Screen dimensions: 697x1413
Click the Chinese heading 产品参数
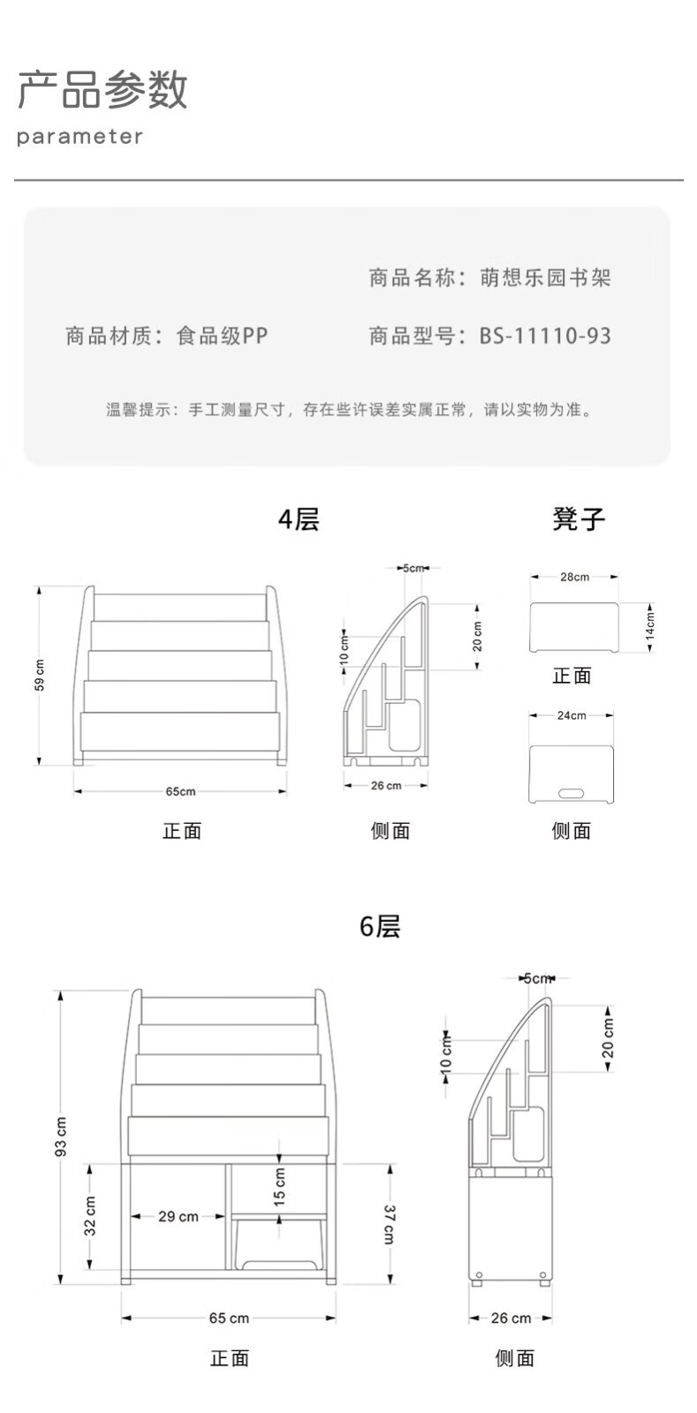click(102, 89)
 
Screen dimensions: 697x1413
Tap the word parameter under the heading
click(80, 136)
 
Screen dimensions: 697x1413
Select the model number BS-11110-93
click(545, 336)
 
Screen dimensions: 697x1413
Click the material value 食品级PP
click(222, 336)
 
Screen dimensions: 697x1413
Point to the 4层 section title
click(299, 519)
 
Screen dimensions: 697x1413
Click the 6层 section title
click(380, 926)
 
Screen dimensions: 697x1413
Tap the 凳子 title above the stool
click(579, 519)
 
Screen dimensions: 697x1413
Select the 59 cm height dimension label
click(39, 676)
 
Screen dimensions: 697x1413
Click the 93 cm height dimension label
click(61, 1136)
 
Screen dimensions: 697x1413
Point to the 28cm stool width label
click(574, 577)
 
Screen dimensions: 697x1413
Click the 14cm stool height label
click(650, 626)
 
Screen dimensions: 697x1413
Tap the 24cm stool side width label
click(572, 715)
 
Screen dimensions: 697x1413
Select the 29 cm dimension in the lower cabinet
click(178, 1216)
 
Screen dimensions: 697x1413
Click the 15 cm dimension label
click(279, 1187)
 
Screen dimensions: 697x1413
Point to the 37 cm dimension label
click(390, 1224)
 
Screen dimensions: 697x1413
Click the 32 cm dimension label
click(90, 1216)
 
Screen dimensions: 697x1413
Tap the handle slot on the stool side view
click(572, 792)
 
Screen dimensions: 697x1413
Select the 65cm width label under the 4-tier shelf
click(180, 791)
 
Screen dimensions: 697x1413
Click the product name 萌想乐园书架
click(545, 277)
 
